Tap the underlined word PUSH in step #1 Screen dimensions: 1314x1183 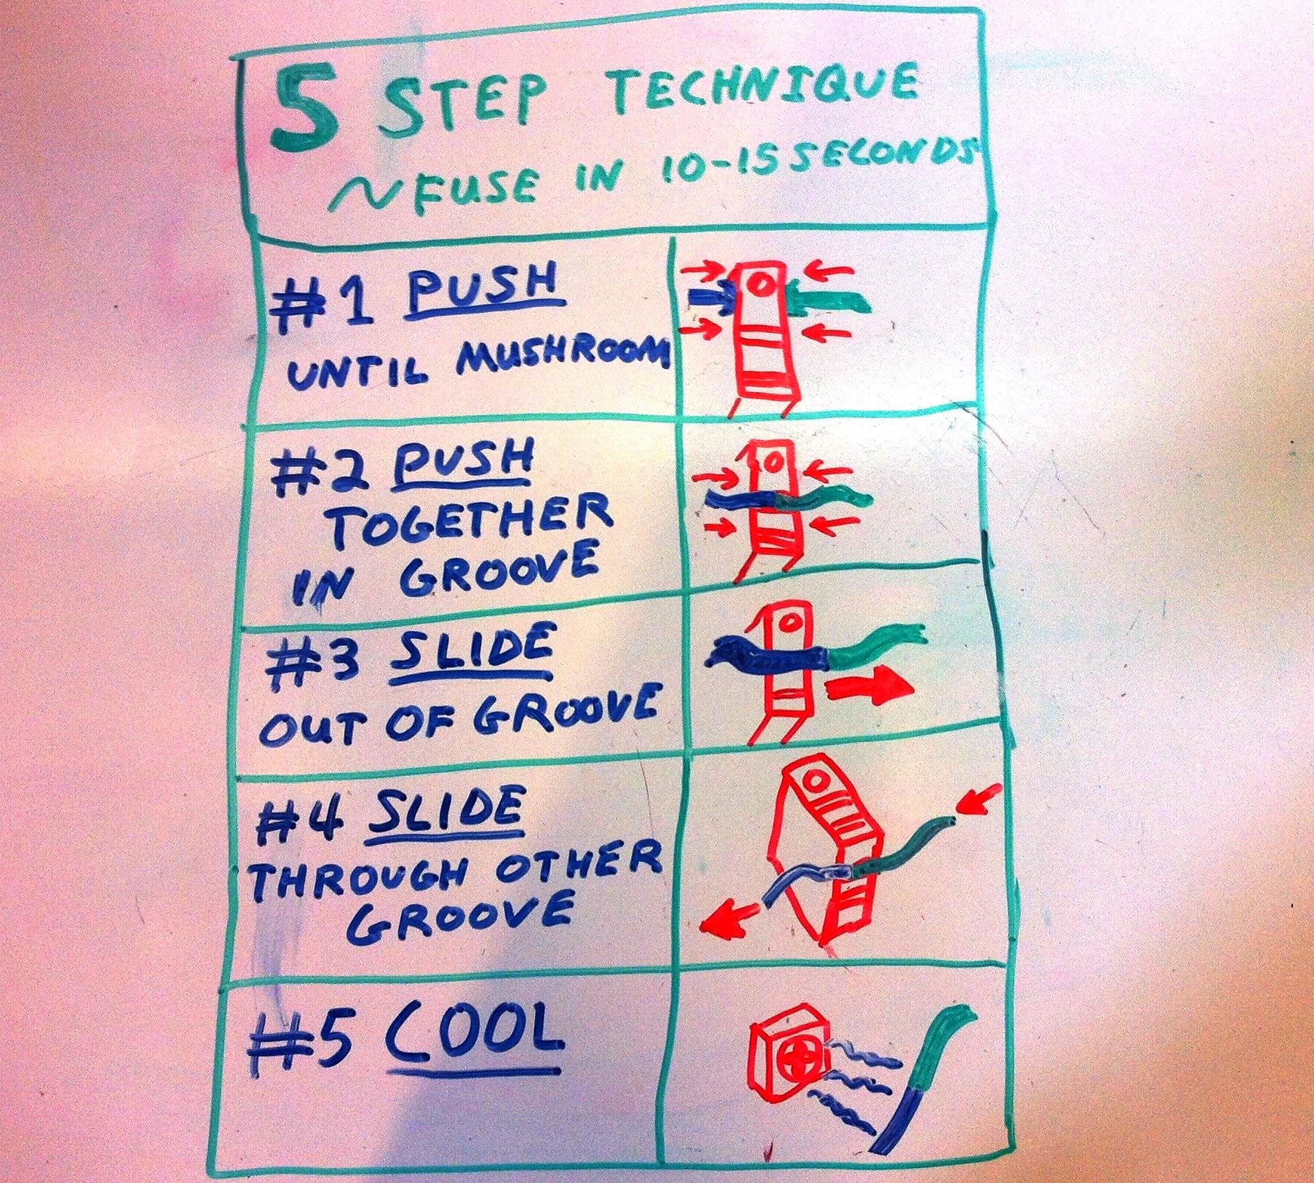coord(481,294)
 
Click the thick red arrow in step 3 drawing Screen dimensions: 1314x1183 coord(869,684)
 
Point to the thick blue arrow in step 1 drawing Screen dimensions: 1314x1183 coord(711,298)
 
